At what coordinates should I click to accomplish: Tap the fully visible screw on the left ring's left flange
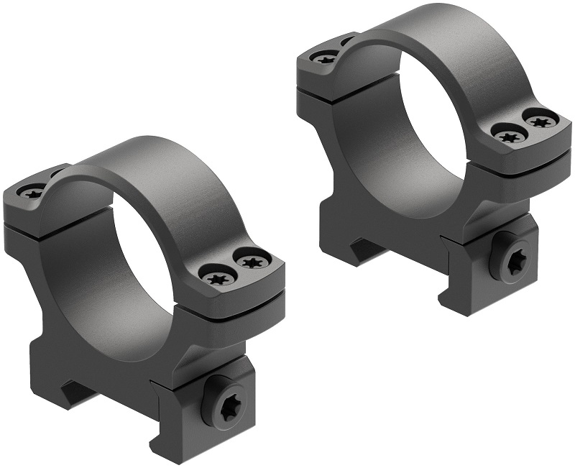point(32,191)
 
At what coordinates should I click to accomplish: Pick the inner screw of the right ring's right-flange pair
point(510,134)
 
